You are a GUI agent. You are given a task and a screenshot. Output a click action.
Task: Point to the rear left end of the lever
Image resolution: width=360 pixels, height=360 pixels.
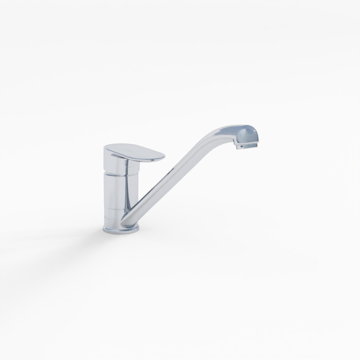point(106,148)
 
